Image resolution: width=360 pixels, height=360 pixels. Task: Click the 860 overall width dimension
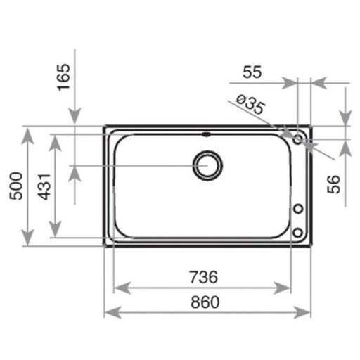[205, 302]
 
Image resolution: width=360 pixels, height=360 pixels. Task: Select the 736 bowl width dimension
[203, 277]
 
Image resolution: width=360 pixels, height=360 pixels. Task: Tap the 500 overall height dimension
[16, 186]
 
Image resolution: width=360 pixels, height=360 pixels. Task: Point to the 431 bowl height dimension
[44, 187]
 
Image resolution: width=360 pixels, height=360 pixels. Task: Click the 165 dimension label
[64, 77]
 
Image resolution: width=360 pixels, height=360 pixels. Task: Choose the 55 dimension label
[252, 72]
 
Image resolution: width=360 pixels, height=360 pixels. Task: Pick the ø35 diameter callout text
[250, 104]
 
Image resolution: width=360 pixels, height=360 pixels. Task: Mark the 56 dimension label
[333, 184]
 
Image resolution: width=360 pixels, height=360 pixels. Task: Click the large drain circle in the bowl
[207, 165]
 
